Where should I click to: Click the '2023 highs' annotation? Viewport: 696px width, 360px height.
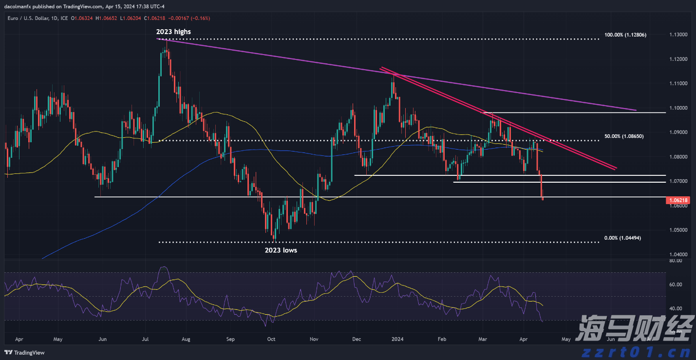click(173, 32)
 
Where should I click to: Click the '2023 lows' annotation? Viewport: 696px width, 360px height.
click(281, 250)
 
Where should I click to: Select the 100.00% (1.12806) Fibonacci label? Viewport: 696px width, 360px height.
click(625, 35)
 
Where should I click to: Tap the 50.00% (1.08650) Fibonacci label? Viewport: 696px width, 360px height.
click(624, 136)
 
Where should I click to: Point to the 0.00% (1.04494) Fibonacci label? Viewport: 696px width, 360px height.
click(622, 238)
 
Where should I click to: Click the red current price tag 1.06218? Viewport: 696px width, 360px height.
click(678, 200)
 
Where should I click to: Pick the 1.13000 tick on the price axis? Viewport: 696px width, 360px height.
click(678, 35)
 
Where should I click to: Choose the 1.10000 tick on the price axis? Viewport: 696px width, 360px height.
click(678, 108)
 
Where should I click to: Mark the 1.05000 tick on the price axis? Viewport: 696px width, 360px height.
click(678, 230)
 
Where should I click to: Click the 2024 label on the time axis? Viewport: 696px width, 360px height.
click(398, 339)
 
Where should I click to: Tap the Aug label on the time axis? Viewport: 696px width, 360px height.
click(186, 339)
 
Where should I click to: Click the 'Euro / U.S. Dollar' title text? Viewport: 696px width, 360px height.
click(27, 19)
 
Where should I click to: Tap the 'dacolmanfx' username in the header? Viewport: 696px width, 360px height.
click(18, 6)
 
